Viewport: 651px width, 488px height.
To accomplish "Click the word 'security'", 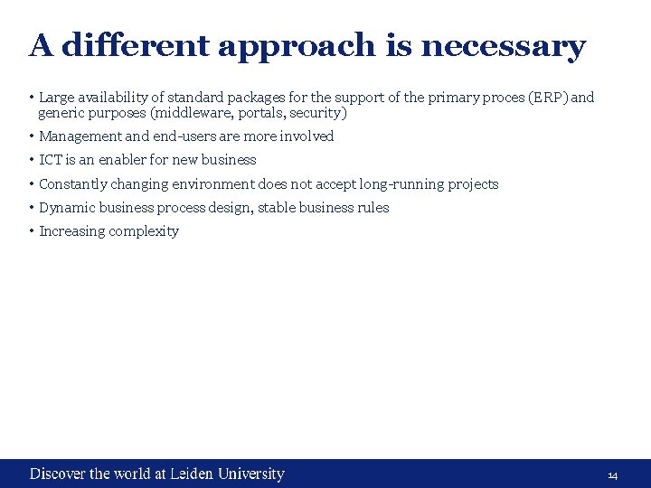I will click(x=316, y=114).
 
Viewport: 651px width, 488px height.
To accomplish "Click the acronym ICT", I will click(x=51, y=160).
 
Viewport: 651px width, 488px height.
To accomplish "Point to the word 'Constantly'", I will click(x=72, y=184).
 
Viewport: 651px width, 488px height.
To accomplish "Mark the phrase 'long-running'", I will click(x=401, y=184).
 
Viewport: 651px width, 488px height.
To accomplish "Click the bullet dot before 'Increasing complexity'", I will click(x=31, y=230).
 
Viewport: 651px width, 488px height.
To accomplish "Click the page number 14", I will click(x=612, y=475).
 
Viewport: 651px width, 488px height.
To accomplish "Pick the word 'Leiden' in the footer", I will click(x=191, y=474).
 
